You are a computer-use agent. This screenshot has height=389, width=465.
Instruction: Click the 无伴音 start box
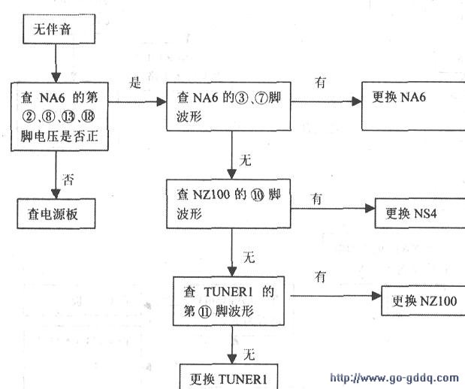pyautogui.click(x=62, y=32)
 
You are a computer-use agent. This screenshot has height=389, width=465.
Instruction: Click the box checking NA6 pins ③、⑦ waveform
pyautogui.click(x=229, y=110)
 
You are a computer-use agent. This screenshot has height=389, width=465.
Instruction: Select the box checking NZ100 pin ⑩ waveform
pyautogui.click(x=229, y=203)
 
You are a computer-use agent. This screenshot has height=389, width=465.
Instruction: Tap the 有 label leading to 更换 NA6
pyautogui.click(x=321, y=83)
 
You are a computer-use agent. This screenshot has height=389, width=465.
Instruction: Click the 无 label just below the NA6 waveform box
pyautogui.click(x=245, y=160)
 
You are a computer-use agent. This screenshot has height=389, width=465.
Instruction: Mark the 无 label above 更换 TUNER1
pyautogui.click(x=249, y=353)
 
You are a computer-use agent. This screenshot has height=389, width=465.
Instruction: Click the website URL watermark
pyautogui.click(x=394, y=378)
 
